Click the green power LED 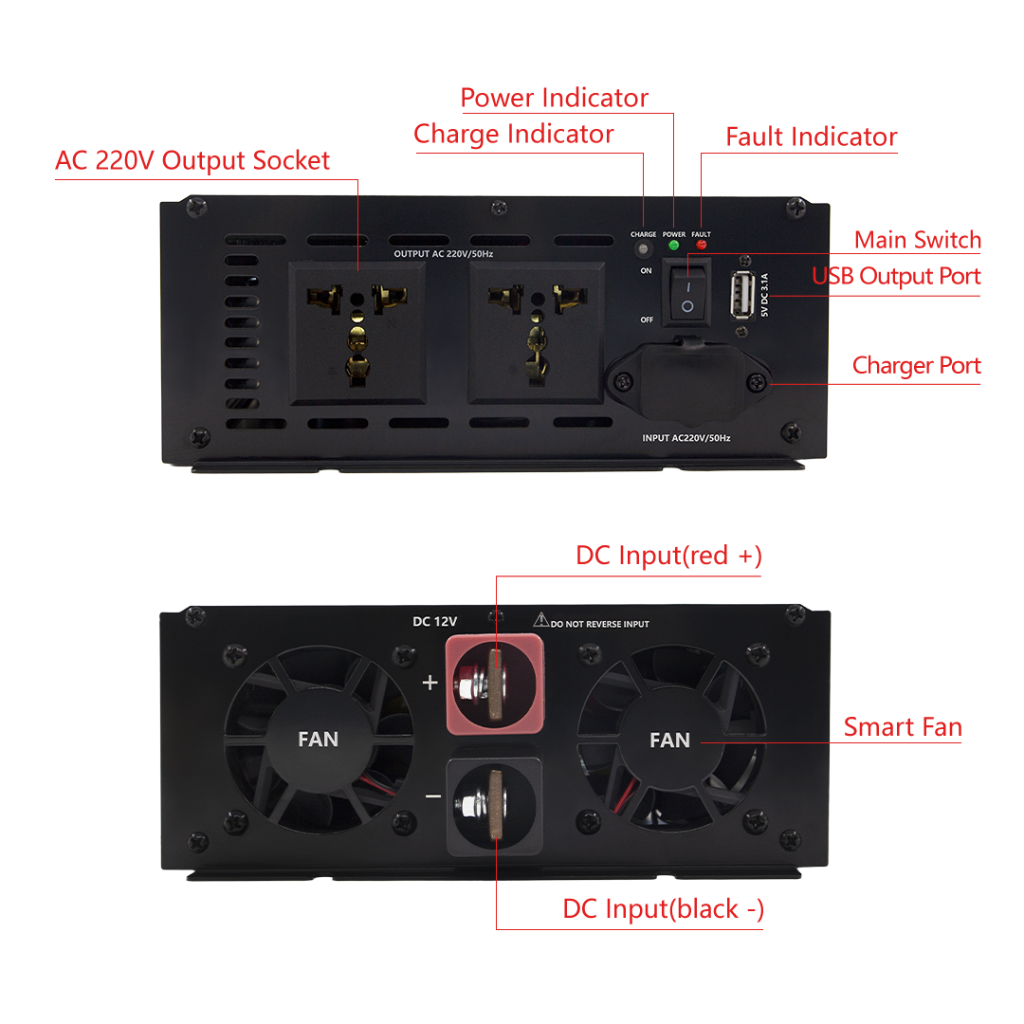click(674, 246)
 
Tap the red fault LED click(702, 245)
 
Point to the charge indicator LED click(643, 248)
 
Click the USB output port click(742, 296)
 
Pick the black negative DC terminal click(494, 806)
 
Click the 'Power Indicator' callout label click(555, 98)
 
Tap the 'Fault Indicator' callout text click(812, 137)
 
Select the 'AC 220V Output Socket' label click(192, 160)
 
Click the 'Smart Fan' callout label click(903, 727)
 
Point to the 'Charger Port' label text click(917, 366)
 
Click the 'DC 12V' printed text click(435, 622)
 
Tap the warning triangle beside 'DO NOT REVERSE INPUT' click(540, 620)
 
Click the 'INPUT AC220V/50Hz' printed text click(686, 438)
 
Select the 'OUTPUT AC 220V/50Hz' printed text click(444, 254)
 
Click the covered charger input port click(689, 381)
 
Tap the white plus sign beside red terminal click(430, 683)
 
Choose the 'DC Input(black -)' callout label click(663, 909)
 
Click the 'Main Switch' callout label click(918, 240)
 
